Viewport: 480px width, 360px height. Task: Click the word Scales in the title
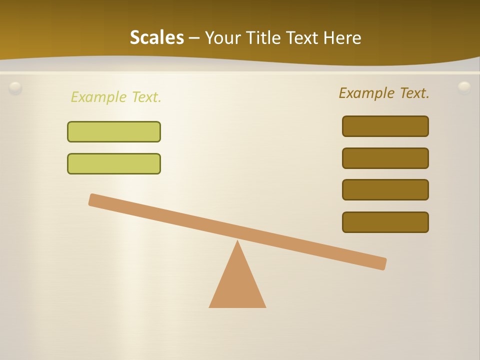point(156,37)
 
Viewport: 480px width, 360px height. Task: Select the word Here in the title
point(342,37)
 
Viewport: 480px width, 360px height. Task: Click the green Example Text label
point(116,97)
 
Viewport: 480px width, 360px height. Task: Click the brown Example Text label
point(384,93)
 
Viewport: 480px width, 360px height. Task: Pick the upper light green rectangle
point(114,131)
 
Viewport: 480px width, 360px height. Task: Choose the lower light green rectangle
point(114,163)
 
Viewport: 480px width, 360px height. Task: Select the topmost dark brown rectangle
point(385,126)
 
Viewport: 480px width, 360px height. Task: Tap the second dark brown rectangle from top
point(385,158)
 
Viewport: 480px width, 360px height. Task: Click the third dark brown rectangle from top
point(385,189)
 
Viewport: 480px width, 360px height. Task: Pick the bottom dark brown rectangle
point(385,222)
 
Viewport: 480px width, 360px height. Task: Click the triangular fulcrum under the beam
point(237,285)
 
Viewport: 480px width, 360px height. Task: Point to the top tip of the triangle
point(237,242)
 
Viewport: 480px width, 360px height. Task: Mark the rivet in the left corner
point(15,88)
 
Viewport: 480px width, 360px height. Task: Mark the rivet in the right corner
point(464,88)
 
